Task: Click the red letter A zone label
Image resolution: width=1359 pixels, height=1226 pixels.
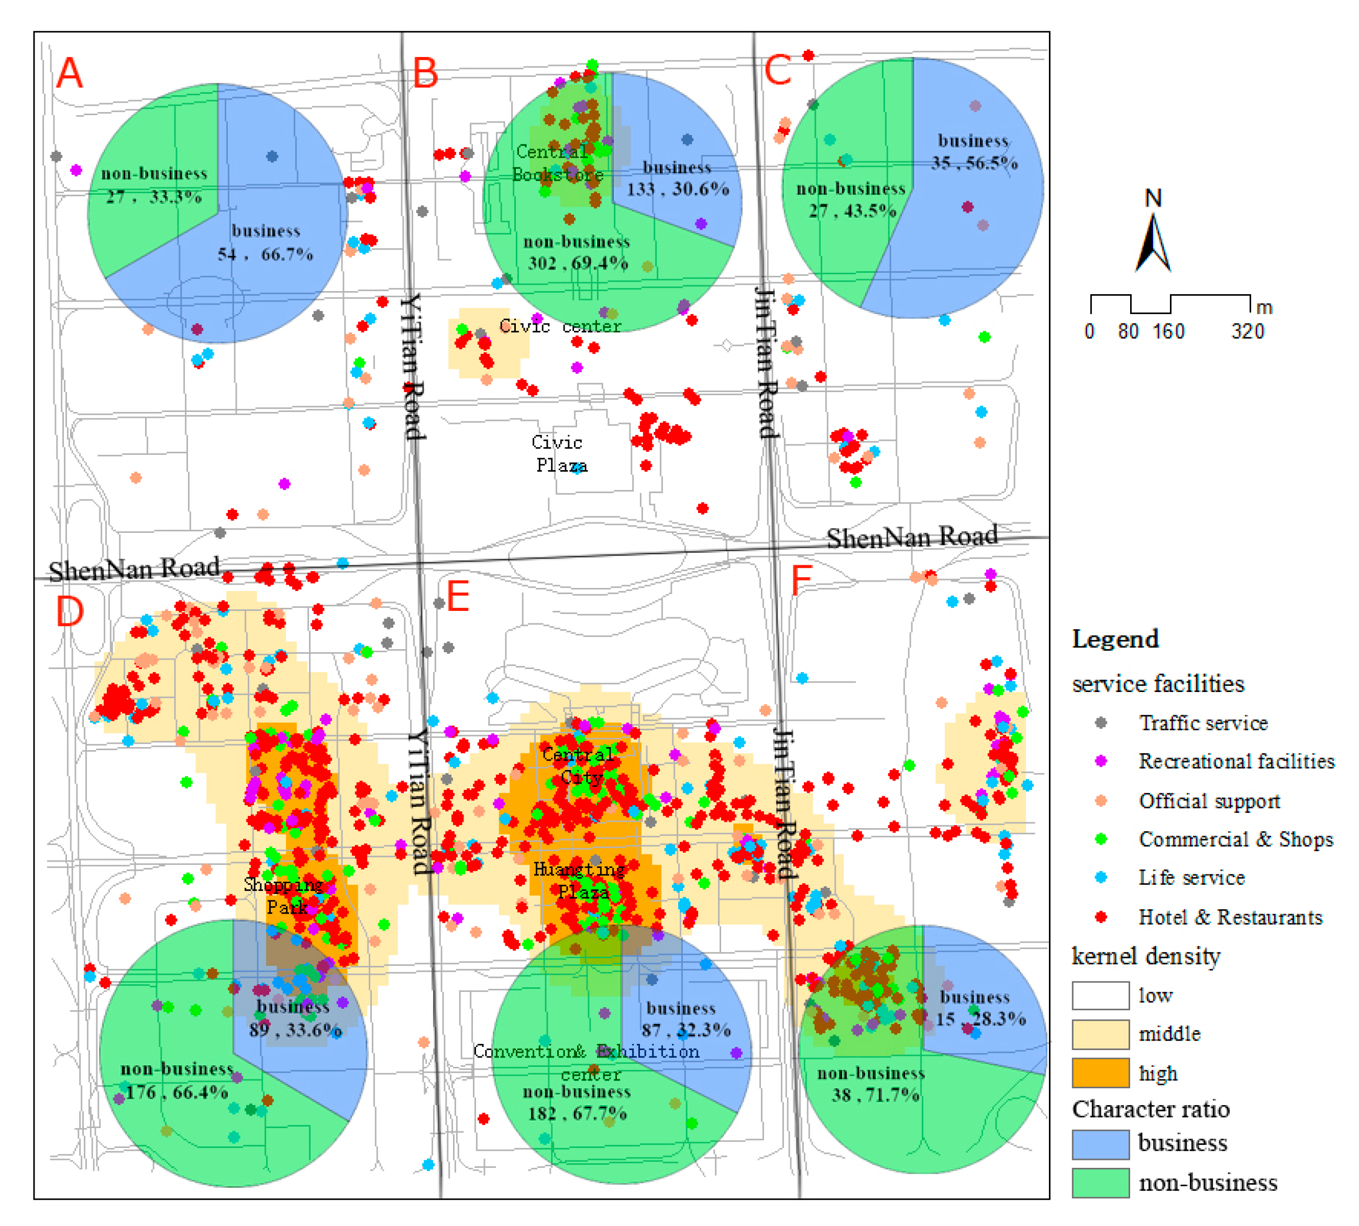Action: [x=70, y=73]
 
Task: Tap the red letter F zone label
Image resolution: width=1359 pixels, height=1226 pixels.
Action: [x=801, y=580]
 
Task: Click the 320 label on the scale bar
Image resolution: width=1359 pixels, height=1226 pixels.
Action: [x=1248, y=331]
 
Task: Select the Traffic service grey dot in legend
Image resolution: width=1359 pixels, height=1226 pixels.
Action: [x=1101, y=723]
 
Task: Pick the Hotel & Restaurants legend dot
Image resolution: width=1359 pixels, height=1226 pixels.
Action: [x=1101, y=917]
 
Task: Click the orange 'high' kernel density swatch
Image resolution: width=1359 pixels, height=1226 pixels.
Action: [x=1100, y=1073]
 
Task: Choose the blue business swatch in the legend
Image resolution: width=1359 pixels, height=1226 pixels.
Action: [x=1100, y=1144]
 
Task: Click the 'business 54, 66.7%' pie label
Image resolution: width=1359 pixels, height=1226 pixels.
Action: [x=266, y=242]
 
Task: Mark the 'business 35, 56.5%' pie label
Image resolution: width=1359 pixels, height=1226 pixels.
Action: [x=974, y=152]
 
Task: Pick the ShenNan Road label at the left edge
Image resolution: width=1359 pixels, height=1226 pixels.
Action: [x=135, y=569]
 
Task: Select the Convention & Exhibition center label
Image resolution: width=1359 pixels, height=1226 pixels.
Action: [x=586, y=1062]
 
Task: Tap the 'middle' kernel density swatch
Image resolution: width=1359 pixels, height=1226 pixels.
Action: [x=1100, y=1034]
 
